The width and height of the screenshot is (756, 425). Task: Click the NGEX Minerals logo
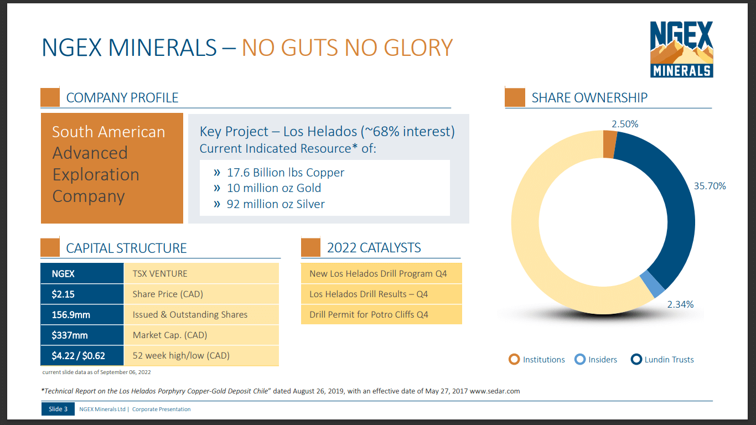681,49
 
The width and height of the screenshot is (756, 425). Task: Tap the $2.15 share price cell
82,294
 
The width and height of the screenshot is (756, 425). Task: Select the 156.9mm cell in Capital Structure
82,314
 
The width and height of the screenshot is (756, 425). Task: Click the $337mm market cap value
82,335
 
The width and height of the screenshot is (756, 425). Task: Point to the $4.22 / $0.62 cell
82,355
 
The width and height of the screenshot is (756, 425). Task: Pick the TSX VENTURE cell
201,273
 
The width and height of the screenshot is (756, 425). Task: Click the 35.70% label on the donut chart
710,186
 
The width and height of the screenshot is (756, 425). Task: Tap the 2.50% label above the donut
625,124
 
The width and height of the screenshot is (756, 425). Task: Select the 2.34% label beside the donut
680,304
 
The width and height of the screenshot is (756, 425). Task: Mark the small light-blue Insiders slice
652,283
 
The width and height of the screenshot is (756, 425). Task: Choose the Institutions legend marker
515,360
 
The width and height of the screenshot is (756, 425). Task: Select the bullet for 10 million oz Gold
217,188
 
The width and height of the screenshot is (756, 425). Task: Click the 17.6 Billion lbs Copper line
285,172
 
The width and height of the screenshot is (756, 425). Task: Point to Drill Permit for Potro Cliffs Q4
369,314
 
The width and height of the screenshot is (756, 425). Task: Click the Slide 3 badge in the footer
58,410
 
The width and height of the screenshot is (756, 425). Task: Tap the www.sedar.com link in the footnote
495,391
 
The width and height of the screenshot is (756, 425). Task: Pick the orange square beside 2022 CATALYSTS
310,247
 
